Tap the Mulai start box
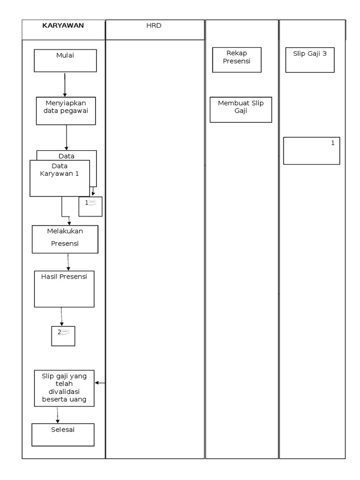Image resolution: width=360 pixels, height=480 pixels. point(65,60)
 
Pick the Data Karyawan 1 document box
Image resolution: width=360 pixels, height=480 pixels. point(60,178)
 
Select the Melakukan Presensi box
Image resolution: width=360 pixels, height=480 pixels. point(65,239)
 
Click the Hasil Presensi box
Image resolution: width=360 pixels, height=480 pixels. point(64,289)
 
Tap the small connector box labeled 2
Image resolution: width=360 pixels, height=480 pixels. point(63,336)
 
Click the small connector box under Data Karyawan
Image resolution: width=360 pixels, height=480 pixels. point(90,206)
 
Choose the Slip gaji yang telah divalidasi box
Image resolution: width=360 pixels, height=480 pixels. point(64,388)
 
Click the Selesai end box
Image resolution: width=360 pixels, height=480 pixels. point(63,435)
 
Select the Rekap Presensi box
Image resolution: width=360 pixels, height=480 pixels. point(237,60)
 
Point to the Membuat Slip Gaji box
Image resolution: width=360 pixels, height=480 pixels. point(240,110)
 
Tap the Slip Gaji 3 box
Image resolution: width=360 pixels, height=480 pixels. point(310,60)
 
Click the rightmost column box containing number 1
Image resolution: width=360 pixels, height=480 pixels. point(311,150)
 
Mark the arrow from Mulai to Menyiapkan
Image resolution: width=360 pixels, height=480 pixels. point(65,84)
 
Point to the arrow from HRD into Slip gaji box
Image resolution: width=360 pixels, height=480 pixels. point(100,383)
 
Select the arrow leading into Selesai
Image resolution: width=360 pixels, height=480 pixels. point(58,415)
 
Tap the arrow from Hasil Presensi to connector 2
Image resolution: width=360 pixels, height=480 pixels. point(61,317)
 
